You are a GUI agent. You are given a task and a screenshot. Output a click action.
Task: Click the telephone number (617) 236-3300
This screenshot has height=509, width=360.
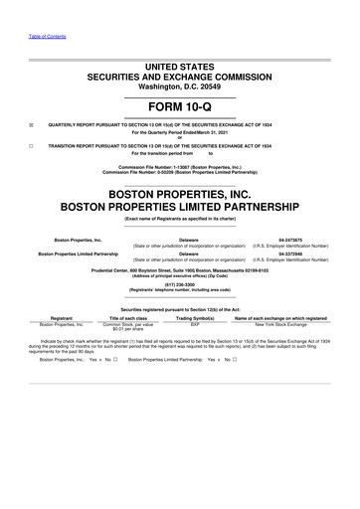[x=179, y=280]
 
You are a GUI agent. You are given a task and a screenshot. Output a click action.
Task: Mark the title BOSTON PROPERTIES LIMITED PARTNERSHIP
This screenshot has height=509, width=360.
[x=180, y=208]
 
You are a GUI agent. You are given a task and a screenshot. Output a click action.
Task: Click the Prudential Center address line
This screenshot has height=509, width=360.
[x=180, y=267]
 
